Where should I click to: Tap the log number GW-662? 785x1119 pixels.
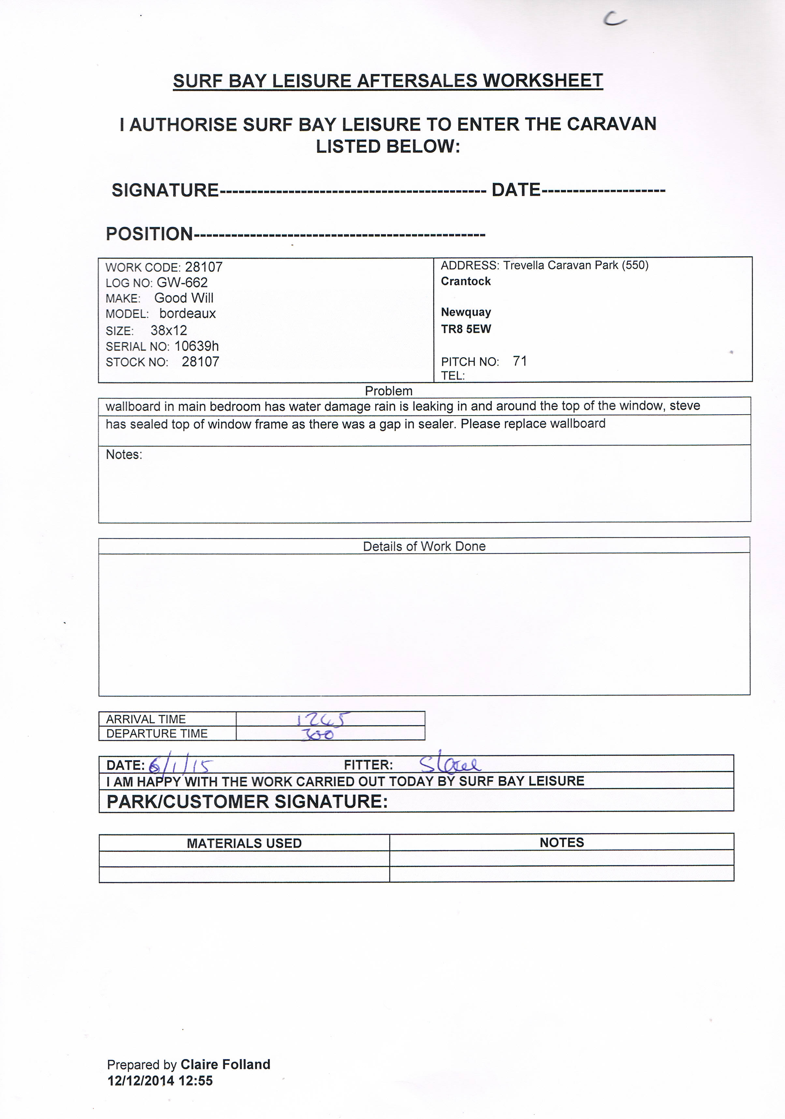point(182,283)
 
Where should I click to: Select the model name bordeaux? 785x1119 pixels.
point(187,313)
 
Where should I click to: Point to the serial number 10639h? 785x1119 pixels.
point(196,346)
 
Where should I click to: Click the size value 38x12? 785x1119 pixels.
point(169,331)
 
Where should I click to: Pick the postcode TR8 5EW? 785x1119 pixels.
point(466,329)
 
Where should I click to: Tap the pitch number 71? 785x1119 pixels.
point(520,361)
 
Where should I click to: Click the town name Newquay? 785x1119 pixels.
point(466,312)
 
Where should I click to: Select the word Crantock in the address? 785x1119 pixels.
point(466,281)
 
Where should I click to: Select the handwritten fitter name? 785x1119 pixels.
point(450,763)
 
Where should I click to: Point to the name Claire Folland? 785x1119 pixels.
point(225,1064)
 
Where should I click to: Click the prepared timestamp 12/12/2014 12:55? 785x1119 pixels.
point(160,1081)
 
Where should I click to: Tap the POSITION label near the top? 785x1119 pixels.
point(149,234)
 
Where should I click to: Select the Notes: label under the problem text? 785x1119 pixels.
point(124,455)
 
